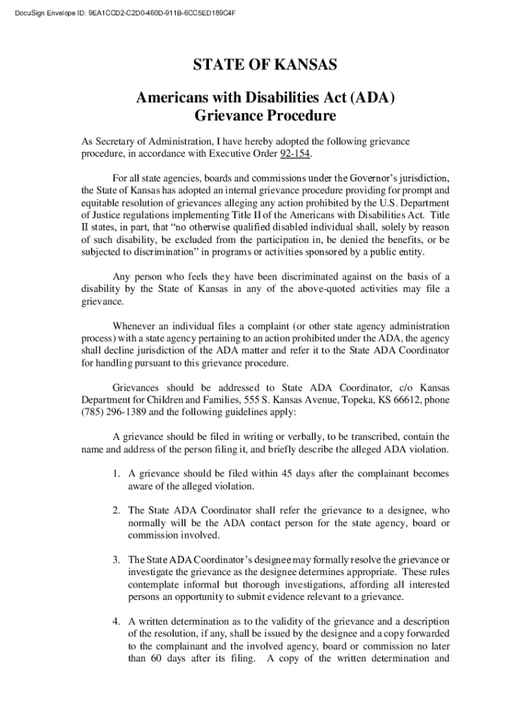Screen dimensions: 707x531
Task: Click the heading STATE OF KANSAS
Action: [x=265, y=66]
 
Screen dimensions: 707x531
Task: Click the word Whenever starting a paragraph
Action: [x=135, y=326]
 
